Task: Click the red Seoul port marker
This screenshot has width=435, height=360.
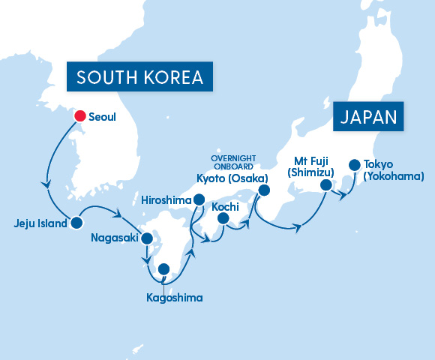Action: (79, 115)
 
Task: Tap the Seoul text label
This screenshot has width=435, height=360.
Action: (103, 116)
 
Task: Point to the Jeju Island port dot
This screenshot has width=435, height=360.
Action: (76, 223)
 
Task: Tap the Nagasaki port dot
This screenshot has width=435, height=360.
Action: (148, 240)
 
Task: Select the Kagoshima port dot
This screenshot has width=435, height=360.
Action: (163, 269)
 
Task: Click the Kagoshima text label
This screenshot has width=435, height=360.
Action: (174, 298)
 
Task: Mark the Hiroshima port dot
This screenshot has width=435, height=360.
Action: (199, 199)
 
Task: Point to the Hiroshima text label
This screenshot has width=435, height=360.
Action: (166, 199)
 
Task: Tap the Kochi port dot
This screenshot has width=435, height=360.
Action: (223, 218)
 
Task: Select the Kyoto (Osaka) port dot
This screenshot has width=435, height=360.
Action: (263, 190)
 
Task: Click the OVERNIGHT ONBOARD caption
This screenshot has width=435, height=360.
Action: (232, 163)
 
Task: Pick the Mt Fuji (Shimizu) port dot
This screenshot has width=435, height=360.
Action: (325, 185)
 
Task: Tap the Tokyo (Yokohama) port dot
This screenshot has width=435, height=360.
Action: (353, 165)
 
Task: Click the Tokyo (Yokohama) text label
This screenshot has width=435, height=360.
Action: (393, 170)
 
